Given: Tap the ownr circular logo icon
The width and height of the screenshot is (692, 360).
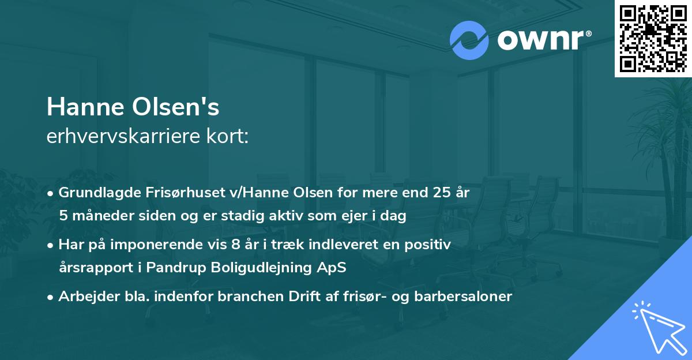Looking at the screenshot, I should point(469,40).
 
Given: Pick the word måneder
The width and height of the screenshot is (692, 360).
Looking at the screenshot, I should point(97,216).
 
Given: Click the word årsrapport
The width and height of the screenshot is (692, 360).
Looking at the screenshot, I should point(95,268).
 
